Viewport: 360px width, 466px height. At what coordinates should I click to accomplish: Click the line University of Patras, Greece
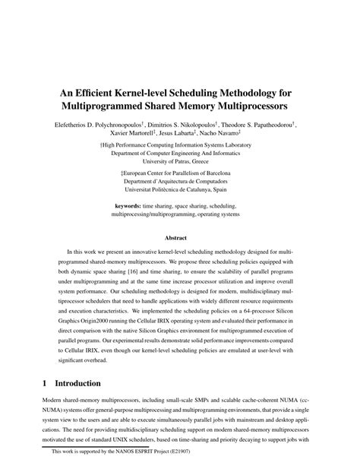(x=180, y=162)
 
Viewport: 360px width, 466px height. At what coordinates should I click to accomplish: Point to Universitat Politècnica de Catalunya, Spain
(x=180, y=192)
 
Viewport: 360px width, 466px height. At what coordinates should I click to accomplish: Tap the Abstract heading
(x=180, y=236)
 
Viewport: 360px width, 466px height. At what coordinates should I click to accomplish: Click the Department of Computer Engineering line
(x=180, y=153)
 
